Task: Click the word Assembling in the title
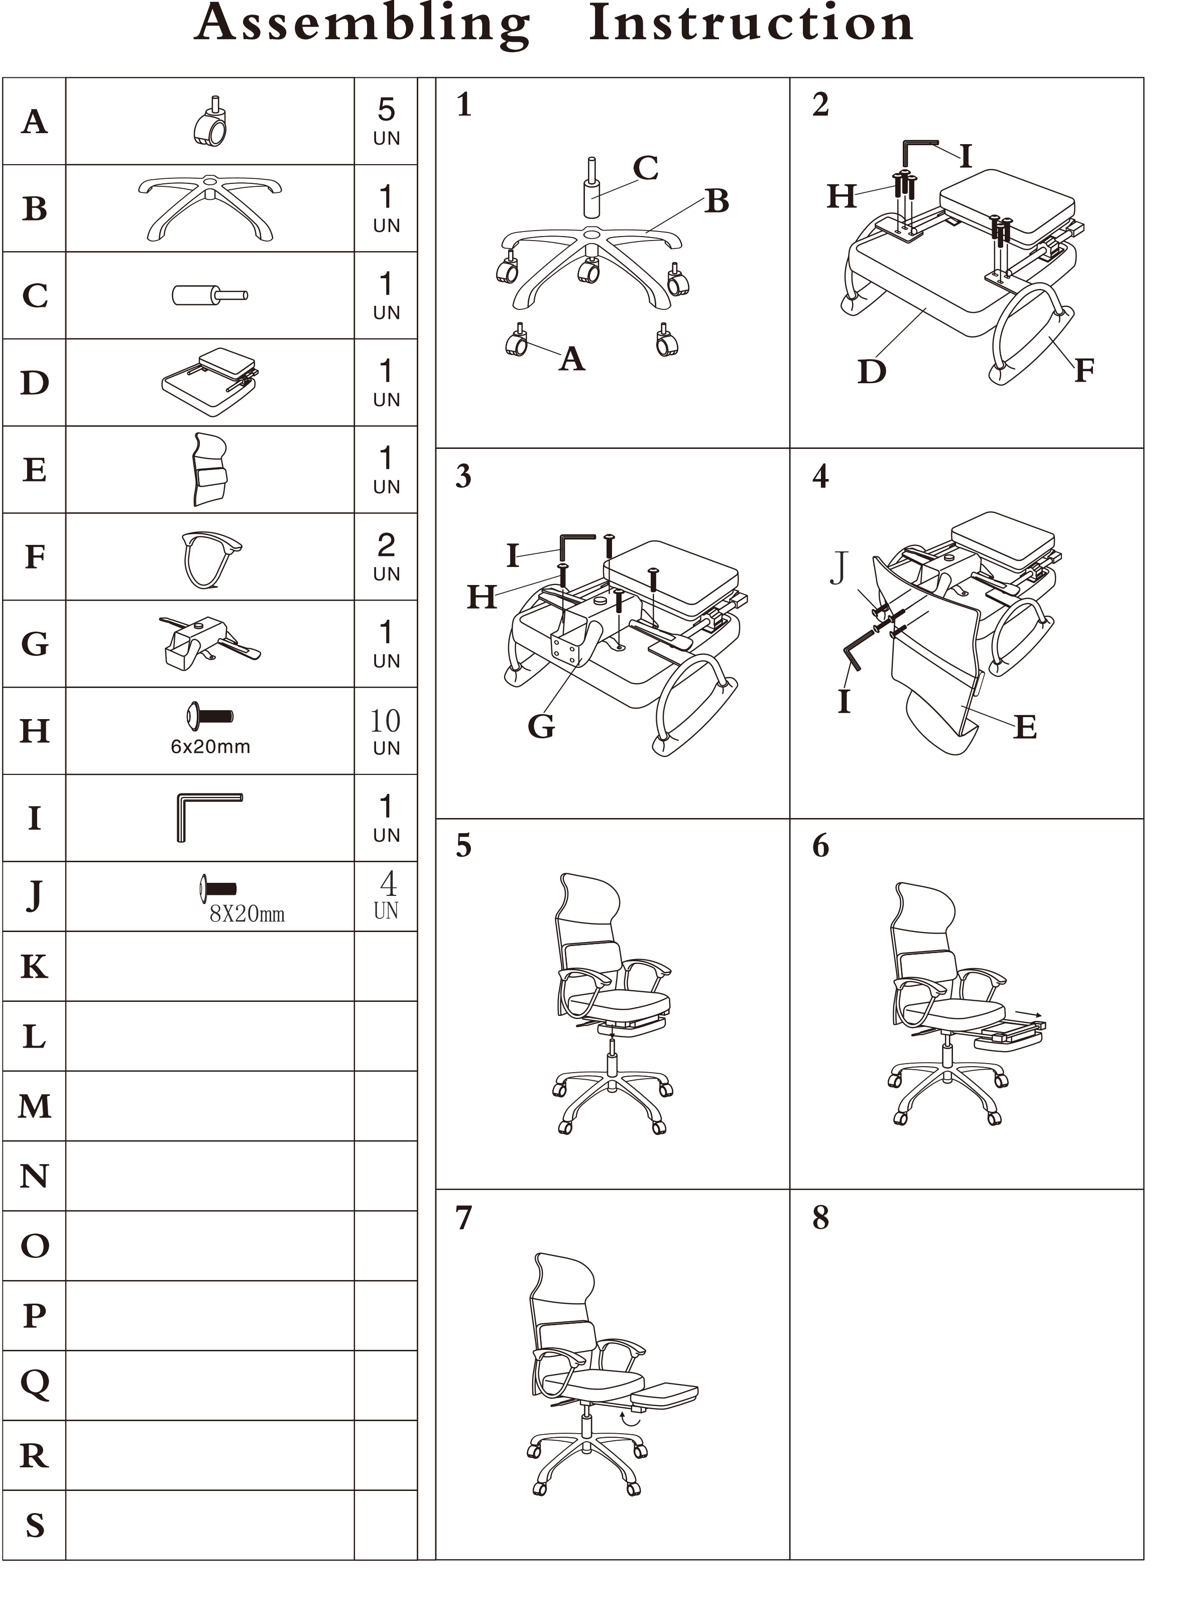pyautogui.click(x=364, y=25)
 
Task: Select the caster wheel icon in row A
pyautogui.click(x=211, y=121)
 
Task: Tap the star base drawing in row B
pyautogui.click(x=210, y=208)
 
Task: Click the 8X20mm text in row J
pyautogui.click(x=247, y=914)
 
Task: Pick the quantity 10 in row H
pyautogui.click(x=386, y=721)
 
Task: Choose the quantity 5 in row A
pyautogui.click(x=386, y=110)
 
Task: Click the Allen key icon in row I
pyautogui.click(x=209, y=817)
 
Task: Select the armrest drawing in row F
pyautogui.click(x=211, y=559)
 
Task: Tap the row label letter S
pyautogui.click(x=35, y=1525)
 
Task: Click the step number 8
pyautogui.click(x=820, y=1218)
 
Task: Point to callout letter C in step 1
pyautogui.click(x=646, y=168)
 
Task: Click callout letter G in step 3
pyautogui.click(x=541, y=726)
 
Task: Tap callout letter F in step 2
pyautogui.click(x=1084, y=370)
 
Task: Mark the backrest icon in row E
pyautogui.click(x=210, y=469)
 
